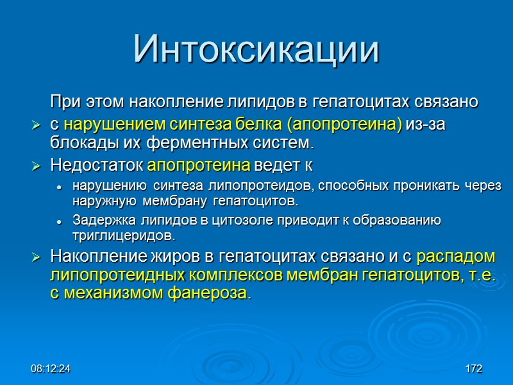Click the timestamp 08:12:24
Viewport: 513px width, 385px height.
51,370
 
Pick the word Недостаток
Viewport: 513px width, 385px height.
97,165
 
